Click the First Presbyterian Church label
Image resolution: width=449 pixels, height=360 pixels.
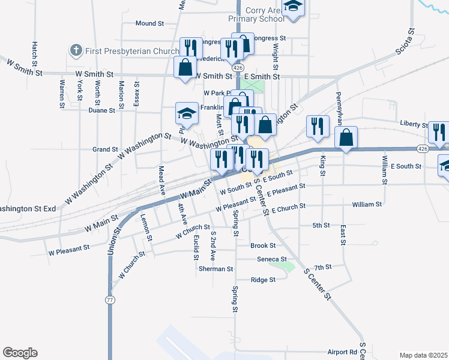[132, 51]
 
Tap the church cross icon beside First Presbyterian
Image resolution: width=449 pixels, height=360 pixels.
[76, 50]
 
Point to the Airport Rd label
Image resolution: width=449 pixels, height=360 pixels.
[342, 352]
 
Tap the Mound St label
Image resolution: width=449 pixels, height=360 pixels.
[149, 23]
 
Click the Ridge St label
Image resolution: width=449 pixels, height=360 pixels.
[263, 280]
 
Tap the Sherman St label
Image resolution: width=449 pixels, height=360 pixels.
[216, 269]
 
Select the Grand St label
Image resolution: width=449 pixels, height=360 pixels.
[104, 149]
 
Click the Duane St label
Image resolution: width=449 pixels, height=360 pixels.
[101, 110]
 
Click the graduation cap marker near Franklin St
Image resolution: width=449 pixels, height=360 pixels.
[187, 113]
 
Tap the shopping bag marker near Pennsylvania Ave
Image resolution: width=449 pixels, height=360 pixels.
[346, 137]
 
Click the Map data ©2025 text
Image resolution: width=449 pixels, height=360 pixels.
[423, 355]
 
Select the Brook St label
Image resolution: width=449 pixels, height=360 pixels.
[263, 245]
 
